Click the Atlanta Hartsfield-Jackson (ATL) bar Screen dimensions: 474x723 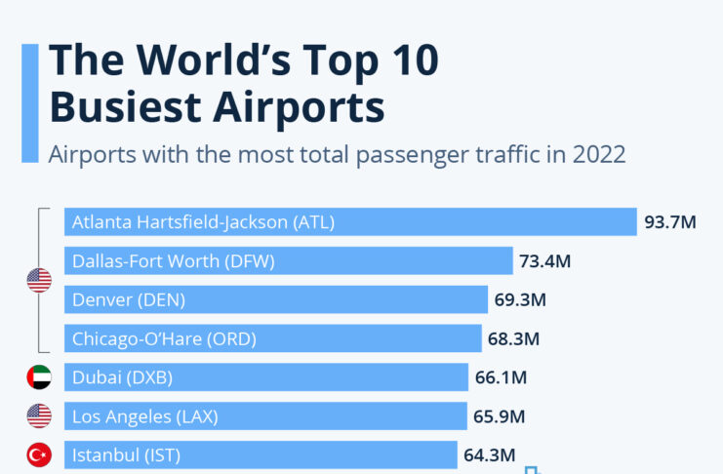tap(350, 221)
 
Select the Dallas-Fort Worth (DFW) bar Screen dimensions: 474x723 tap(289, 260)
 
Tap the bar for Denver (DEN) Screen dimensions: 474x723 tap(276, 299)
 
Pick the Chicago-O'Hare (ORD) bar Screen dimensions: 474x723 tap(273, 338)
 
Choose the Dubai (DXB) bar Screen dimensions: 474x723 tap(266, 377)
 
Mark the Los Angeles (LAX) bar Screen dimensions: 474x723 tap(265, 416)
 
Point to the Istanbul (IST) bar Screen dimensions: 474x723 tap(261, 455)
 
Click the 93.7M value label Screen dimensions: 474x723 tap(670, 222)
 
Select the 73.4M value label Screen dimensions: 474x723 tap(545, 261)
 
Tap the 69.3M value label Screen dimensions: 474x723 tap(520, 300)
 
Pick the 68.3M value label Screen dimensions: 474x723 tap(514, 339)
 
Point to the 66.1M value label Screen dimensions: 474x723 tap(502, 378)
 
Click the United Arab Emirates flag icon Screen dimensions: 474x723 tap(39, 377)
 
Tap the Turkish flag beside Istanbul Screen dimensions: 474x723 tap(39, 455)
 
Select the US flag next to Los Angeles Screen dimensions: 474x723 tap(39, 416)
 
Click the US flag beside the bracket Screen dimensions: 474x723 tap(39, 281)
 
